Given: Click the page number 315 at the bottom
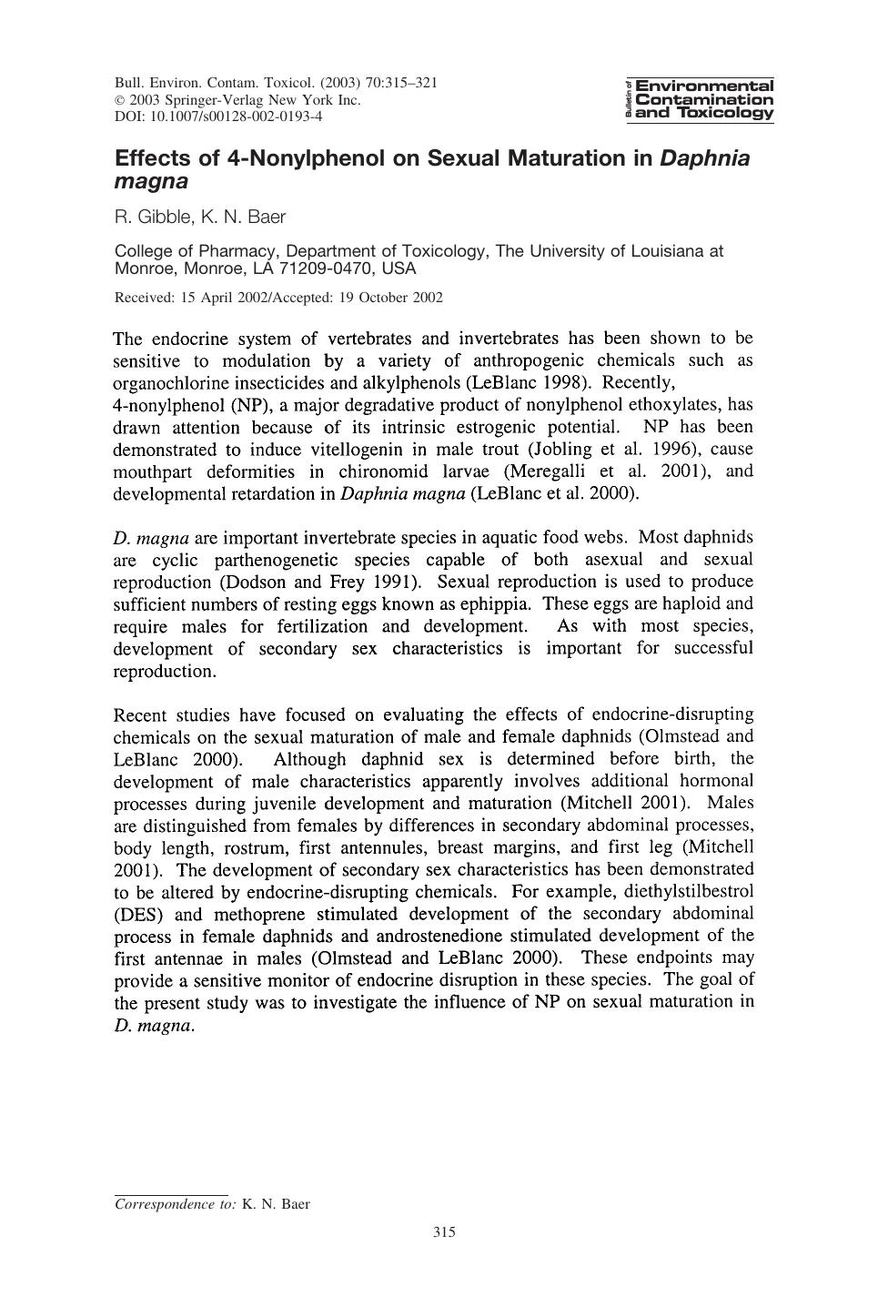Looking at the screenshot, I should pyautogui.click(x=444, y=1232).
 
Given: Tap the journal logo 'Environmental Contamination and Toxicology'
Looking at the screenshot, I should pyautogui.click(x=701, y=99).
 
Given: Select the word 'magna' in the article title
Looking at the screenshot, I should pyautogui.click(x=151, y=181).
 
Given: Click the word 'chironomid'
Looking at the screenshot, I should pyautogui.click(x=380, y=471).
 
